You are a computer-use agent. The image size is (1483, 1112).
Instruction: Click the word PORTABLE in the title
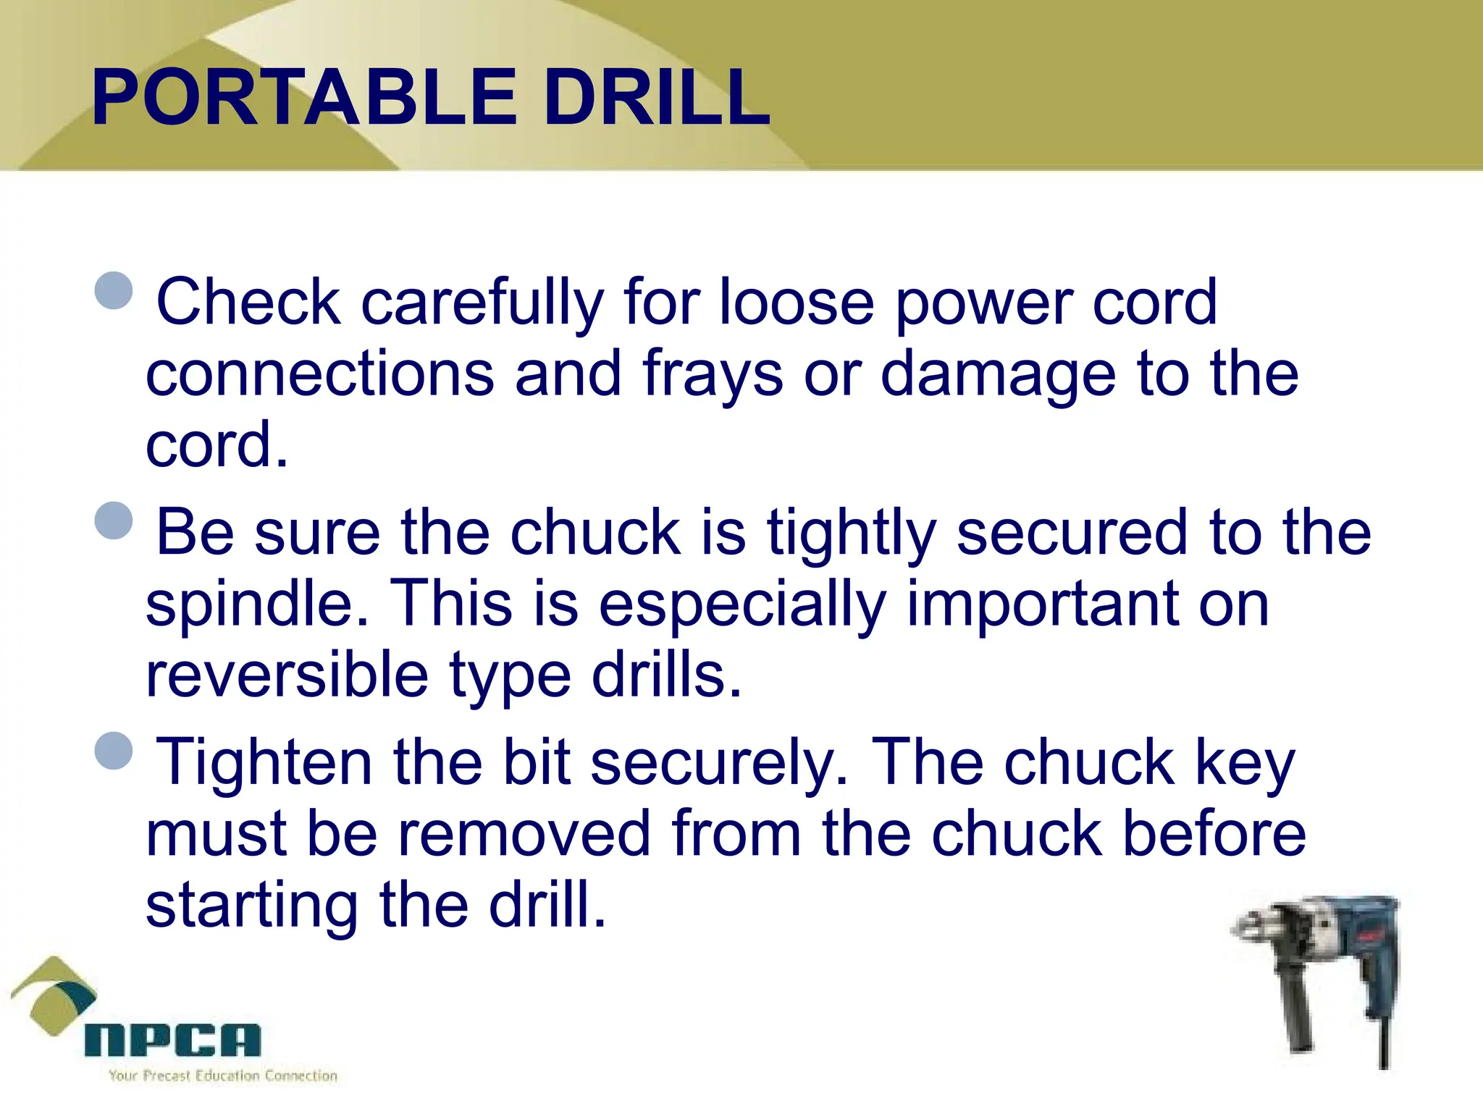[x=304, y=98]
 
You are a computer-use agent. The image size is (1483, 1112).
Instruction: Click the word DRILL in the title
[x=656, y=98]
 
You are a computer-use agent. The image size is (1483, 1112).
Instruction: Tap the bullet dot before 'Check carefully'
[x=114, y=290]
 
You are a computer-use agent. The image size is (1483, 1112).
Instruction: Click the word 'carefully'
[x=482, y=304]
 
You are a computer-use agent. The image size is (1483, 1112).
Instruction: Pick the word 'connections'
[x=319, y=374]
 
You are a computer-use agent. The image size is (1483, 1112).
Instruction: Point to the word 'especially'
[x=742, y=607]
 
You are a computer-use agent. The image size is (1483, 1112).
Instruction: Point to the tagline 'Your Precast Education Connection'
[x=223, y=1076]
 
